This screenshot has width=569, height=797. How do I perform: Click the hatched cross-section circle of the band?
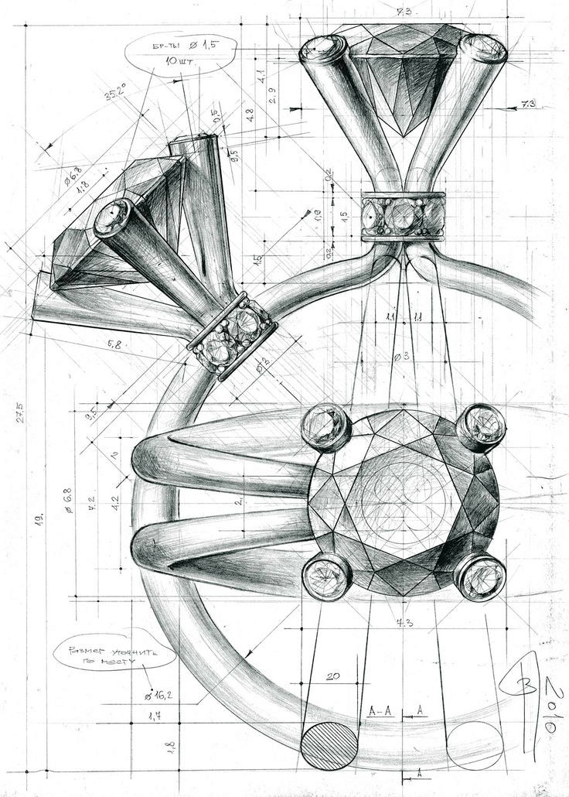[331, 746]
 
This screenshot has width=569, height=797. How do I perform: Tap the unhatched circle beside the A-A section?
[475, 746]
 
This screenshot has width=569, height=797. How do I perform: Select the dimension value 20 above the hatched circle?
[332, 676]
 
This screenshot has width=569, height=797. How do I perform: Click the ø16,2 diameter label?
[158, 694]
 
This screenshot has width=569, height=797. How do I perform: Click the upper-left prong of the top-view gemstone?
[325, 427]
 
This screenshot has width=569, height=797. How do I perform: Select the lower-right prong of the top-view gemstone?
[479, 576]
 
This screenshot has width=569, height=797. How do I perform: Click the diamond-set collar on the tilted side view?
[232, 337]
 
